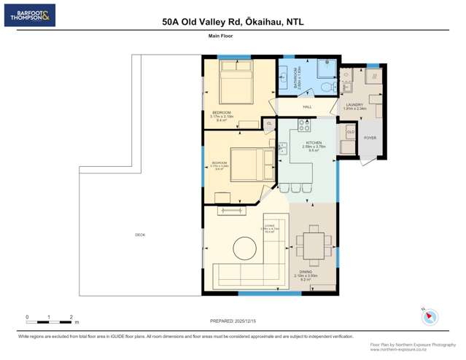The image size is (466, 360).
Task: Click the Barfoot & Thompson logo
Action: click(29, 15)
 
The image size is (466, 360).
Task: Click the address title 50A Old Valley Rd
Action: click(233, 22)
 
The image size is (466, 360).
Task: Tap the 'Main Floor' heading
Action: click(220, 36)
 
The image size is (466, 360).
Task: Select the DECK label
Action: click(140, 235)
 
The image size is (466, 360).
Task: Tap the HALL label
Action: click(307, 107)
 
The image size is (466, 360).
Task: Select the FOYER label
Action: click(370, 137)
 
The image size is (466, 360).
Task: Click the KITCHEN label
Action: click(314, 143)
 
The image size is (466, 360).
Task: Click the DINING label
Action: click(306, 272)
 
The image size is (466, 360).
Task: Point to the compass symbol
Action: click(431, 317)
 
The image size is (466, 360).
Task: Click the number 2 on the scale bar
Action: click(71, 317)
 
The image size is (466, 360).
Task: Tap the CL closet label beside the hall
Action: click(269, 124)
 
